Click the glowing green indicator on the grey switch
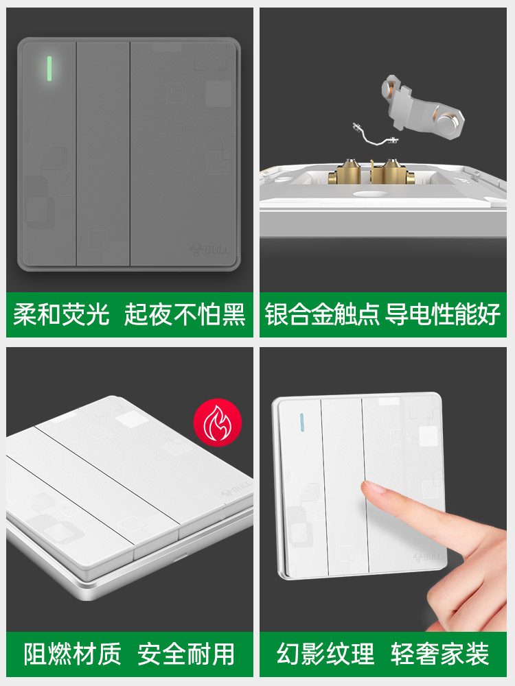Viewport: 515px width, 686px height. (49, 69)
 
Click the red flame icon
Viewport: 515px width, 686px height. (217, 423)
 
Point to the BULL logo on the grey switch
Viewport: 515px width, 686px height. (209, 250)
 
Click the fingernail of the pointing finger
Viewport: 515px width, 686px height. (371, 486)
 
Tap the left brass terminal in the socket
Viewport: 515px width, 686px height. (347, 172)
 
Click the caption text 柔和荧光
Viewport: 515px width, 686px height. (61, 314)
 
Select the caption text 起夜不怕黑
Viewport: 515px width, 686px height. (184, 314)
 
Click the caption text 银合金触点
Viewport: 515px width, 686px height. (322, 314)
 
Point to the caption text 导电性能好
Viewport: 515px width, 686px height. (442, 314)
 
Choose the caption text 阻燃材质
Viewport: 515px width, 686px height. (72, 654)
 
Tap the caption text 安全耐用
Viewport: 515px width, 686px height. (186, 654)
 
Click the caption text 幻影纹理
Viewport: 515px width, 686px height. (325, 654)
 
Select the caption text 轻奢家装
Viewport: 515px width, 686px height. (439, 654)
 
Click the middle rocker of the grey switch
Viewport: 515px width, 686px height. (104, 154)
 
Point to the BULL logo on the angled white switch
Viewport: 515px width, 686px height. (237, 488)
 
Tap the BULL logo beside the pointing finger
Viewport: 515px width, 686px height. (427, 557)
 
